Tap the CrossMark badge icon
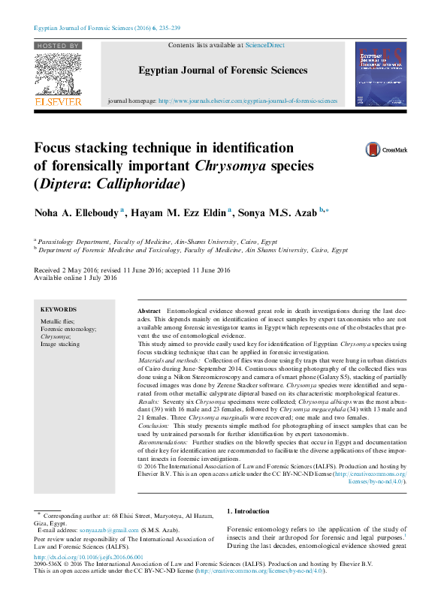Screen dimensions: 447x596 373,150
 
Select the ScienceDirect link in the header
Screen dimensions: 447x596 265,45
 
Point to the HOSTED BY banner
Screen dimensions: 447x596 57,46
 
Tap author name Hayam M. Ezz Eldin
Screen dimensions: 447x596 178,213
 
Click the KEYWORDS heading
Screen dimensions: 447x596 59,309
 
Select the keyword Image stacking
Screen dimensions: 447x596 60,345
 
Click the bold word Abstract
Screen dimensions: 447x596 150,310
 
